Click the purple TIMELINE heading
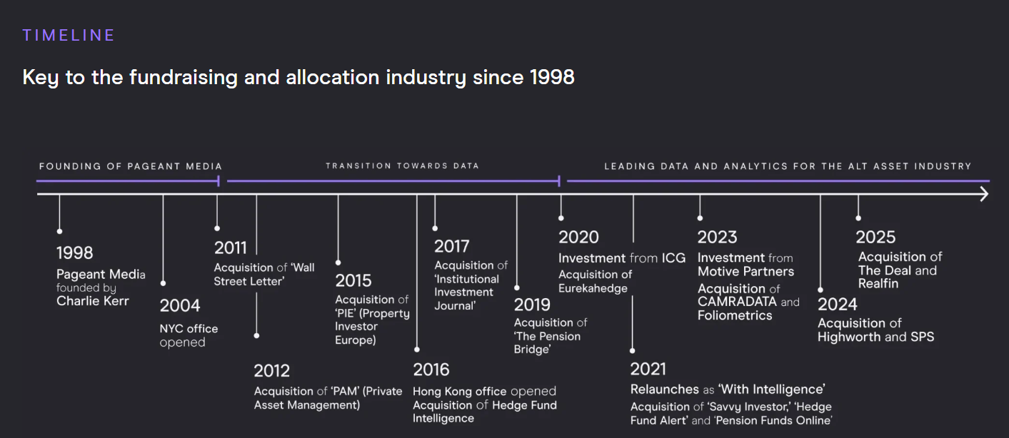[69, 36]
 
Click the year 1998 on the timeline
[75, 253]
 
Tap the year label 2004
[180, 306]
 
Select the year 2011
[231, 248]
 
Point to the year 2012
[272, 371]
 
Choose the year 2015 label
[353, 280]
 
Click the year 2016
[431, 370]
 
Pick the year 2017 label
[452, 246]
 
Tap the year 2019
[532, 305]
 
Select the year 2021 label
[648, 369]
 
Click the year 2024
[838, 305]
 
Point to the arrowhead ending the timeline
[984, 194]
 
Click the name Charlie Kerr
[93, 301]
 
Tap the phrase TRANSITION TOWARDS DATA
[402, 165]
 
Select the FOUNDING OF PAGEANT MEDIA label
[131, 166]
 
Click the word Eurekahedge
[593, 288]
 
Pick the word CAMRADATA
[737, 302]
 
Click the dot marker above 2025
[858, 218]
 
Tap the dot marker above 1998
[59, 231]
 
